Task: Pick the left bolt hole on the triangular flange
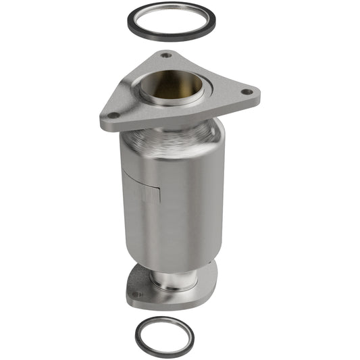pos(113,115)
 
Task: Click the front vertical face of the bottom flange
pos(169,302)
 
